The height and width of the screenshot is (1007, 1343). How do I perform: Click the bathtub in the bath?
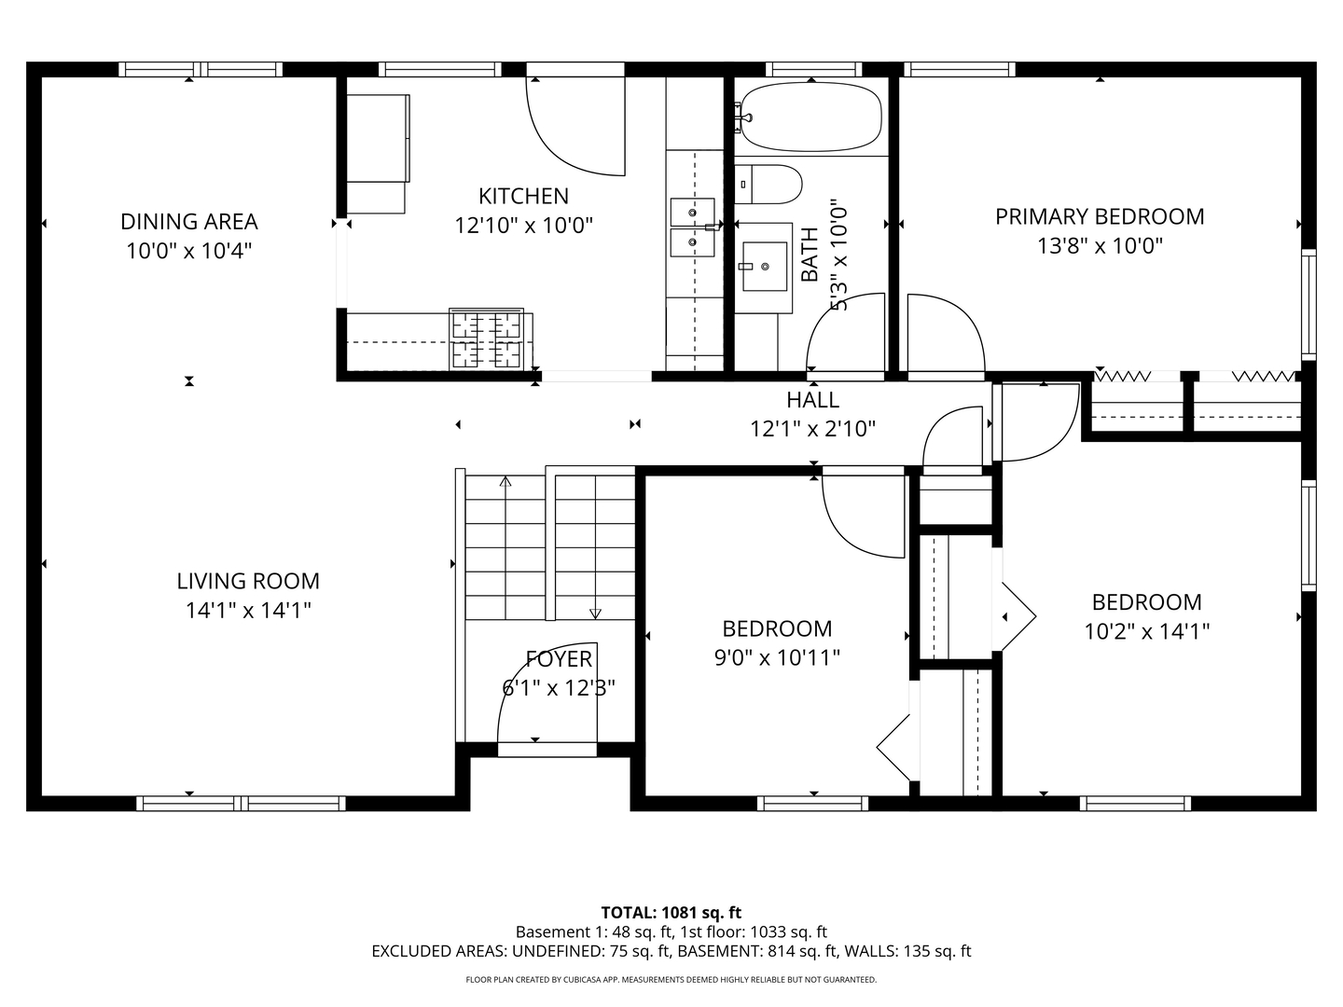pos(811,117)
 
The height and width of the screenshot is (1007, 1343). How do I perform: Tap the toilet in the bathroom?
pos(768,184)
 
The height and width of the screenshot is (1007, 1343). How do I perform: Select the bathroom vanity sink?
pos(765,267)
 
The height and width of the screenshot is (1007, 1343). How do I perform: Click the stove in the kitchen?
pos(487,338)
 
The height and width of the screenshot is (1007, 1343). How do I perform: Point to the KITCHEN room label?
pos(524,196)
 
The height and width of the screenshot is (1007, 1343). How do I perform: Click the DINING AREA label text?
pos(189,221)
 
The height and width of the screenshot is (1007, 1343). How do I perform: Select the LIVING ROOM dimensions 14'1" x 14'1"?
pos(248,610)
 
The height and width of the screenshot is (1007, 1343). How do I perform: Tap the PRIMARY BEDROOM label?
pos(1100,216)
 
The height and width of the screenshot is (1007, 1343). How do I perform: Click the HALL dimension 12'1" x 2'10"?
pos(812,429)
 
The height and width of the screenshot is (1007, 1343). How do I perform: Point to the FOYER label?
pos(559,659)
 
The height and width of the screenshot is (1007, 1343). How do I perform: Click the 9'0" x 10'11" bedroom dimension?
pos(777,658)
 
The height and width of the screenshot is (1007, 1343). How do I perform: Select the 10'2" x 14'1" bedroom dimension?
pos(1146,631)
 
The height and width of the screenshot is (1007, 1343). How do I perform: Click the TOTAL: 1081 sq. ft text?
pos(671,912)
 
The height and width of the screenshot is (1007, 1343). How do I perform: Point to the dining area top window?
pos(201,70)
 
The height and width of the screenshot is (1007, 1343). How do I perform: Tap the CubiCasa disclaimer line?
pos(671,979)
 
